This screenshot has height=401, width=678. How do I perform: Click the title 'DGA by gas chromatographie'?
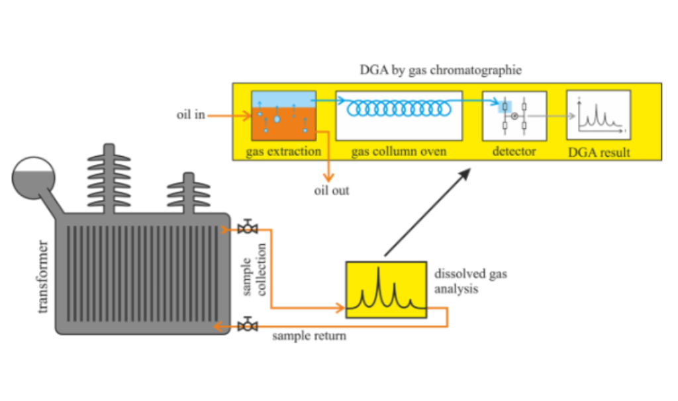point(440,70)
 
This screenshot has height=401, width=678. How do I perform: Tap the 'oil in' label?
point(191,114)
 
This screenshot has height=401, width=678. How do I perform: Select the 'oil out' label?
point(332,191)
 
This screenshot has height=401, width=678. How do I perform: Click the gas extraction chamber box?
point(283,115)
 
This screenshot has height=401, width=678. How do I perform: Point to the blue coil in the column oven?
point(399,108)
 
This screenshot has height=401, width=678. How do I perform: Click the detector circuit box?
point(514,116)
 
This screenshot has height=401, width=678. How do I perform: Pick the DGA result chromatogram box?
point(599,115)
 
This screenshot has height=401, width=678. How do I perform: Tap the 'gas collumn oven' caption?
point(399,152)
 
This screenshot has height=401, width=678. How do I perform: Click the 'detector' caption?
point(514,152)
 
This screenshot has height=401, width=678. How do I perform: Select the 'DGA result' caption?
point(599,152)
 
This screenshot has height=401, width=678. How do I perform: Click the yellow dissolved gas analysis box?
point(386,290)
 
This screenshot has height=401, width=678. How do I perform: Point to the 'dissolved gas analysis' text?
point(471,281)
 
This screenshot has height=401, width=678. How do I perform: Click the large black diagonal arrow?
point(427,212)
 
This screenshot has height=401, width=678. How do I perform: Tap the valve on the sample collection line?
point(248,227)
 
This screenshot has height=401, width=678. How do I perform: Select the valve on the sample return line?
point(248,324)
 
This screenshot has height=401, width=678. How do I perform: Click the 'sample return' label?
point(309,335)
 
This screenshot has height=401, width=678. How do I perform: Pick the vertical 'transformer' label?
point(42,277)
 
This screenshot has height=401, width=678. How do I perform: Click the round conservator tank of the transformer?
point(33,178)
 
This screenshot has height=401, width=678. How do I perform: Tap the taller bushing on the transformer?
point(109,179)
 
